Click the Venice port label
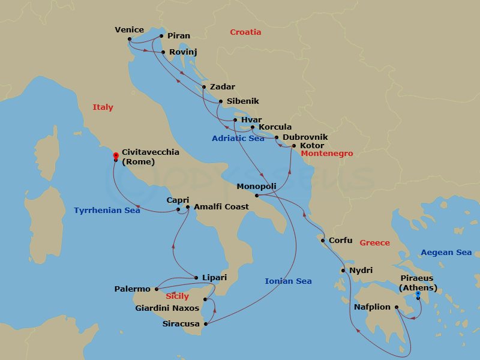pos(129,30)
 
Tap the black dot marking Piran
pos(161,36)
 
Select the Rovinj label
pos(183,52)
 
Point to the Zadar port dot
pos(204,87)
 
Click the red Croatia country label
pos(246,32)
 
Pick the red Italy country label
pos(103,107)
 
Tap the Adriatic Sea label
pos(238,139)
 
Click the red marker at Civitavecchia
pos(115,155)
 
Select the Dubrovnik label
pos(305,137)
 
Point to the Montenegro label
pos(326,154)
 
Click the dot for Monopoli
pos(256,196)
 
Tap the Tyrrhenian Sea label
pos(107,211)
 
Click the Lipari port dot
pos(196,277)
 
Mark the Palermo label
pos(133,289)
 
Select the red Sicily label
pos(177,296)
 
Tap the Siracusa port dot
pos(206,324)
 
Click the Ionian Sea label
pos(288,281)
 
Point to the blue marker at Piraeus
pos(418,293)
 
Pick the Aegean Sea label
pos(446,253)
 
